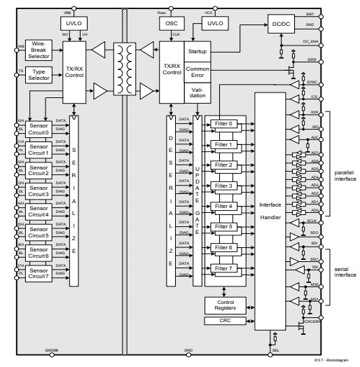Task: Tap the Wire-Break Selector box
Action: pyautogui.click(x=39, y=48)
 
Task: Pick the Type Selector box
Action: pyautogui.click(x=39, y=74)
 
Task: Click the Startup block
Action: pyautogui.click(x=197, y=50)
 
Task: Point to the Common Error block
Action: pyautogui.click(x=197, y=72)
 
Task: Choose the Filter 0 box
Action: pyautogui.click(x=223, y=124)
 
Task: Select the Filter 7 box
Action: pyautogui.click(x=223, y=268)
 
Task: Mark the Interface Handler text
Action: pyautogui.click(x=270, y=209)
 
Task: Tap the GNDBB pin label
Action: pyautogui.click(x=53, y=349)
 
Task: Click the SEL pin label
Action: pyautogui.click(x=275, y=349)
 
